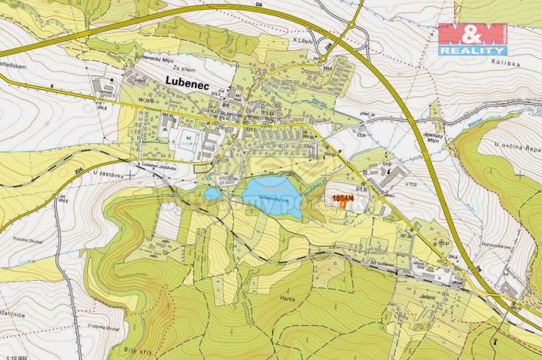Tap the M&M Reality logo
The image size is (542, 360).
point(472,38)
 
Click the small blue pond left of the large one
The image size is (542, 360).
point(212,194)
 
